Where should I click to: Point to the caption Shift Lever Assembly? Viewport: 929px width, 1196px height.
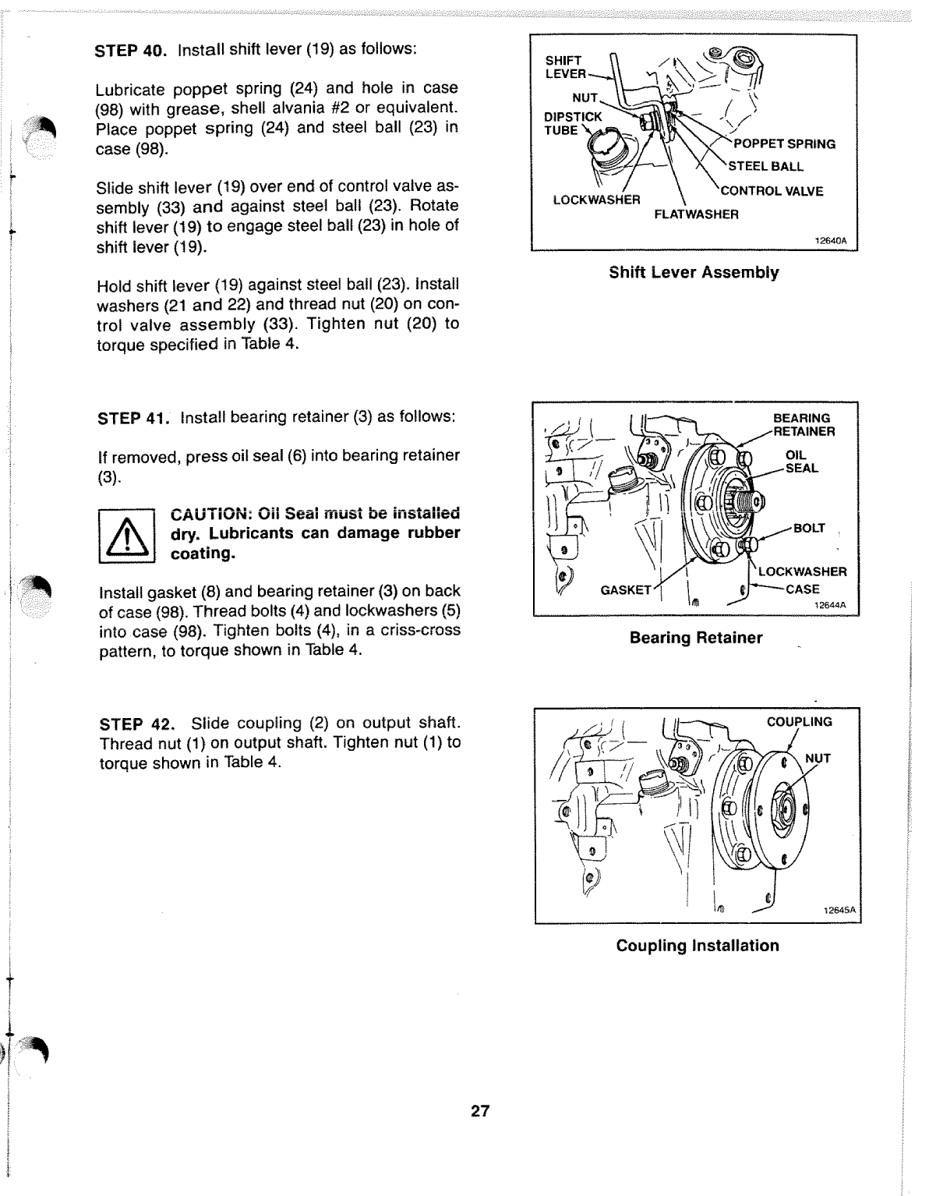[694, 273]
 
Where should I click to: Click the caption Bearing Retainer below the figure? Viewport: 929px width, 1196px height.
[695, 639]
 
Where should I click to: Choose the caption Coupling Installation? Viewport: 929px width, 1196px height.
[697, 946]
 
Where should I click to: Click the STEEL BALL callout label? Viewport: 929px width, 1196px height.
[765, 166]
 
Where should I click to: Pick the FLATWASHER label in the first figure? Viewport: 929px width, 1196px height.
[696, 214]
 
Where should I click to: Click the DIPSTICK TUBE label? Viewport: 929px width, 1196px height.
[573, 123]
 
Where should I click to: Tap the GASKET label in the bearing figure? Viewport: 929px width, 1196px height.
[625, 589]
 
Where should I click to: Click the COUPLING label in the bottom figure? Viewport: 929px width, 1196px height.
[799, 722]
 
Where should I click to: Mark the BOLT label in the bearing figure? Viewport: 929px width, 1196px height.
[809, 529]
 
